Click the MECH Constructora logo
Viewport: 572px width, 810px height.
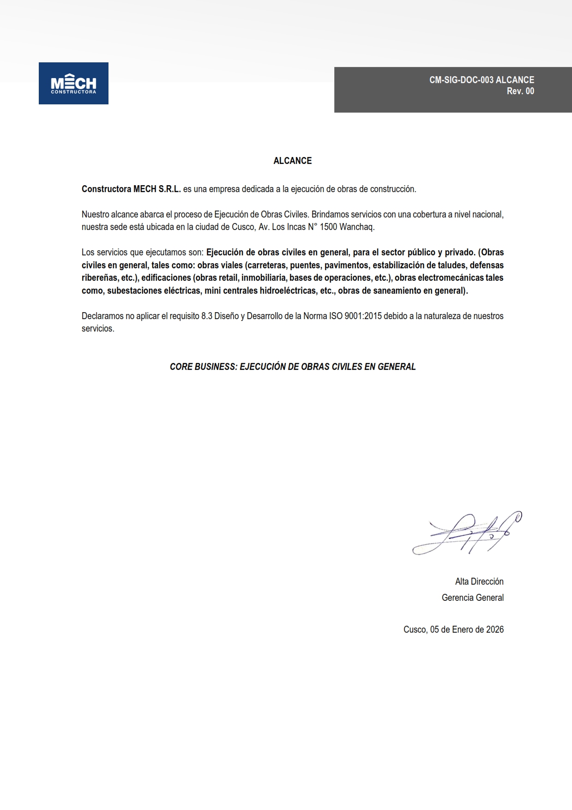[73, 84]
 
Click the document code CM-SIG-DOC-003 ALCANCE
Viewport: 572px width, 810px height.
[482, 80]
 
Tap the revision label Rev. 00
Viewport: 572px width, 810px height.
[520, 91]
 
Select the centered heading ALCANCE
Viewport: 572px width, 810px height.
[293, 161]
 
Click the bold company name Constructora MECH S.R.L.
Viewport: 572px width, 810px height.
[131, 189]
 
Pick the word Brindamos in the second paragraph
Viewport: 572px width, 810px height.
[330, 214]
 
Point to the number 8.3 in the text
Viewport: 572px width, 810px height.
[207, 316]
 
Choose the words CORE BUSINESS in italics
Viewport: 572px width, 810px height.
[203, 367]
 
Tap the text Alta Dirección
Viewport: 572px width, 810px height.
[479, 581]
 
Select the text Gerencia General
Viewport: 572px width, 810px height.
[472, 598]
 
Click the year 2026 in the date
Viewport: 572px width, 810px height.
[494, 629]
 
